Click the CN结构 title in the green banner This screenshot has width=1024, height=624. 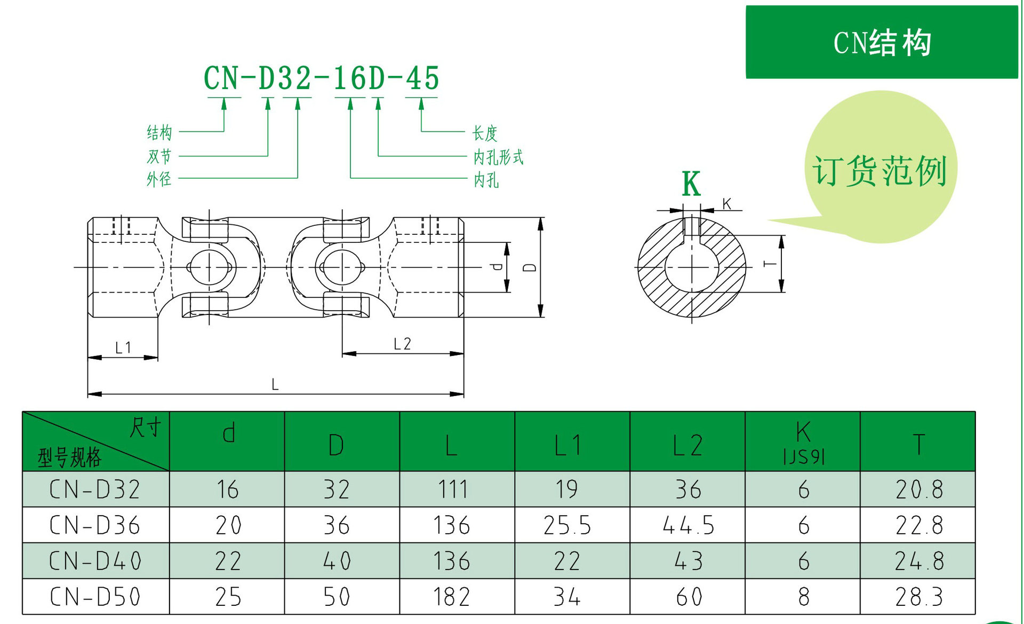point(882,43)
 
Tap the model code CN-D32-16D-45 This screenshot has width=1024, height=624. point(321,78)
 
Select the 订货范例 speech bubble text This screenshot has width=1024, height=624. point(879,171)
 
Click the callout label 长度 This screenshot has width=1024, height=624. point(484,133)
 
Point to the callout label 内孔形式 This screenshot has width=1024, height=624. point(498,157)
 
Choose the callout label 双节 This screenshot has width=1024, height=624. point(159,156)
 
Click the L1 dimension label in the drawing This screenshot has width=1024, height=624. point(123,348)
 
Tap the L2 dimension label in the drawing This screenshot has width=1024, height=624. point(402,344)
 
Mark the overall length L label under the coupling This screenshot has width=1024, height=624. point(275,384)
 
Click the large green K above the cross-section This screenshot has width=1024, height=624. point(691,185)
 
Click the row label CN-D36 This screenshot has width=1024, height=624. point(95,525)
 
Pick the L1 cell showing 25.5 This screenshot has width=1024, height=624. point(567,525)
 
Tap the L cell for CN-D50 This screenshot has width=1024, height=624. point(451,597)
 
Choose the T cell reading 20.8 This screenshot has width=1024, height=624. point(919,489)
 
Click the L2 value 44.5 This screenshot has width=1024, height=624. point(688,525)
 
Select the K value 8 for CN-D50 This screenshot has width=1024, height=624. point(804,597)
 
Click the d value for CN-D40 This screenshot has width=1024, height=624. point(228,561)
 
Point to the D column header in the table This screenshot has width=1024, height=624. point(336,445)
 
